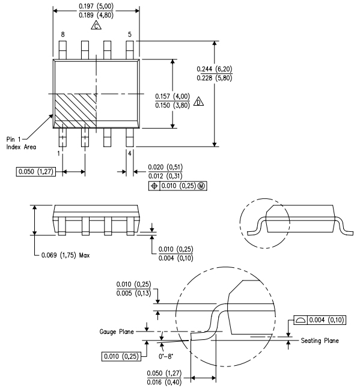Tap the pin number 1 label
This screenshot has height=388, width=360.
coord(58,153)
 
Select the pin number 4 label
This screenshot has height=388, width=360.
coord(130,153)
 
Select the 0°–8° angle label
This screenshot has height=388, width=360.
coord(166,347)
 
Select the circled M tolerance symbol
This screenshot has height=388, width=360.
coord(201,186)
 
